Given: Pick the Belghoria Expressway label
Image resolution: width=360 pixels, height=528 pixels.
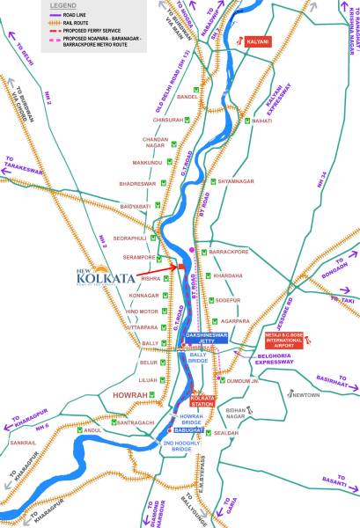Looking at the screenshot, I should [x=276, y=358].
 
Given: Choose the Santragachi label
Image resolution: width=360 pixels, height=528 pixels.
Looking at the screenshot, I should [x=136, y=422].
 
